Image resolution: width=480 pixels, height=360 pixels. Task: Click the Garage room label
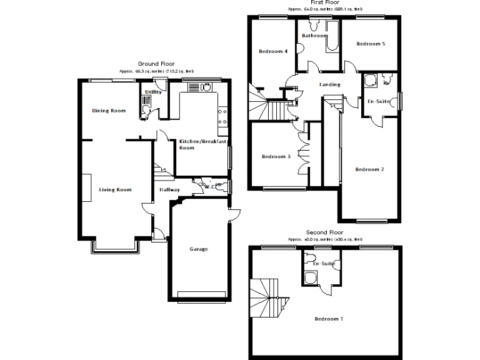199,249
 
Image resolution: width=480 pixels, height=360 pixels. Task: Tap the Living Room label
115,189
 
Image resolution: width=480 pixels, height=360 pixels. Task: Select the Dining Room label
109,111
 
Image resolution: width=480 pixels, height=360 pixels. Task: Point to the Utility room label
154,92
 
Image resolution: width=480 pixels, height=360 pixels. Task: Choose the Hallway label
169,190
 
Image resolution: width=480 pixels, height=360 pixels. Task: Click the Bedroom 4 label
272,51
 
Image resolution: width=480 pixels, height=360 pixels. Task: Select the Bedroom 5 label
371,44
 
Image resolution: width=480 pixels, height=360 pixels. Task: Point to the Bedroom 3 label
276,157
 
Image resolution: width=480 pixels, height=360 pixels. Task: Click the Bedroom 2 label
369,169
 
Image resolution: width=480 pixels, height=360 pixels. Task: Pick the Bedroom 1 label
329,319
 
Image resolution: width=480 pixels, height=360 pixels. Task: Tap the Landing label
329,84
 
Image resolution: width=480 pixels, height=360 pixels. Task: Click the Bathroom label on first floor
314,36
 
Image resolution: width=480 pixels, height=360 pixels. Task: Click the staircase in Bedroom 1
267,299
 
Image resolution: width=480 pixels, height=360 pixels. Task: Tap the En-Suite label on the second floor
324,264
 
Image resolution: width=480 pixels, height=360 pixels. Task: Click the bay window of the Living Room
115,247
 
